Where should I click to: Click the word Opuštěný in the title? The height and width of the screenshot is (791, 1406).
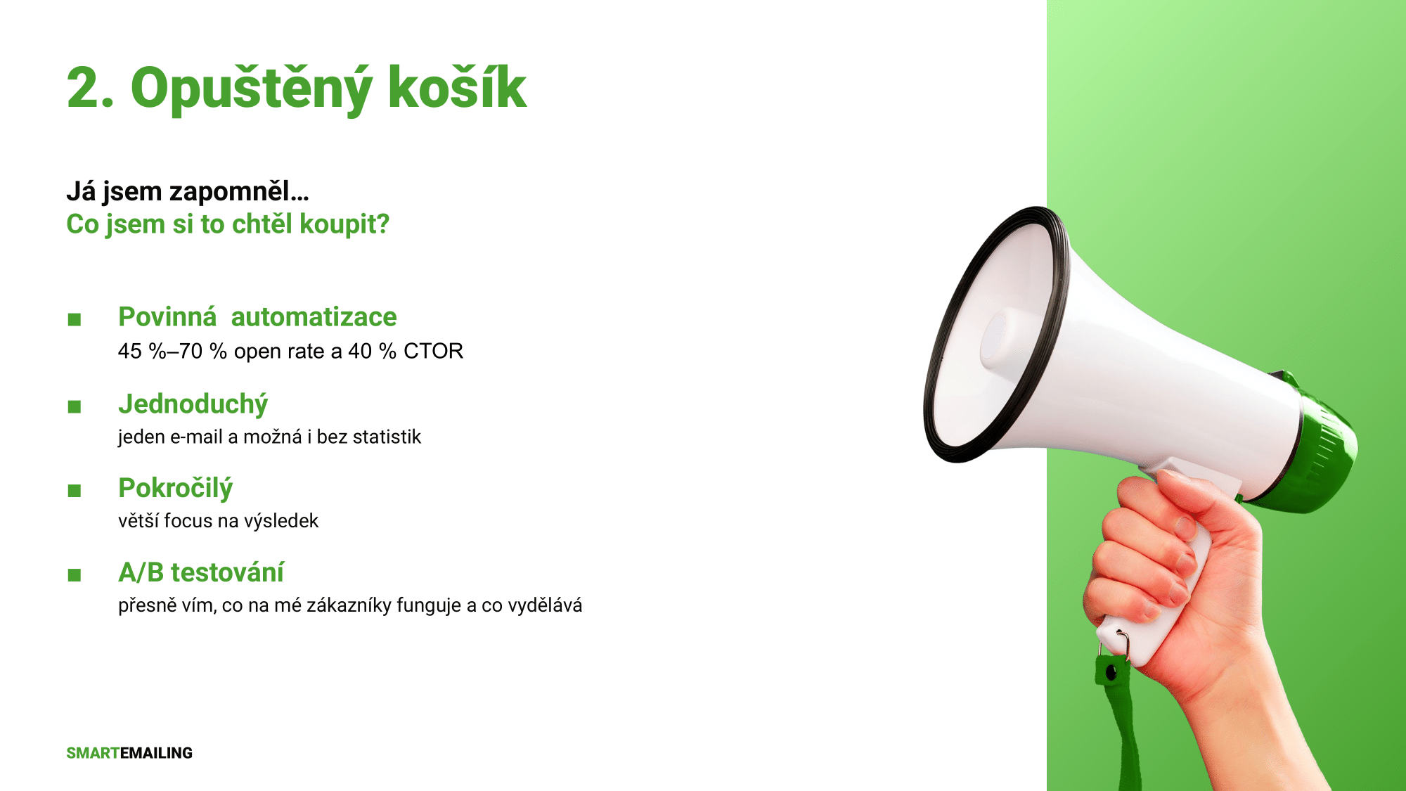click(251, 89)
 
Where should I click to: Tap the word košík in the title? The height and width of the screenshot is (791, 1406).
click(457, 87)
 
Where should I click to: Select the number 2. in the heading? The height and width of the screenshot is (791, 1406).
click(90, 88)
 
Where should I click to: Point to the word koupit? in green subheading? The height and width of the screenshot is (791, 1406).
click(344, 225)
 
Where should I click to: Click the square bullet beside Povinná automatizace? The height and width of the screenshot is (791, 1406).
click(75, 320)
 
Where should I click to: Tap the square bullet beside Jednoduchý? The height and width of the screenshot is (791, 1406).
click(75, 406)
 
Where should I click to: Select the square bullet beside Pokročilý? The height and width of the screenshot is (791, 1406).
click(75, 491)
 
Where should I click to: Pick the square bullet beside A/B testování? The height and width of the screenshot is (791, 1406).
click(75, 575)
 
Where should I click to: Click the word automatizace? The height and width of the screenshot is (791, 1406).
click(314, 317)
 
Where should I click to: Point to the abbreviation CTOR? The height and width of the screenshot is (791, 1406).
click(433, 351)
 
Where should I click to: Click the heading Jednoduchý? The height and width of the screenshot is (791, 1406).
click(193, 405)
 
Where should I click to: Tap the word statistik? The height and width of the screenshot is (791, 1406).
click(387, 437)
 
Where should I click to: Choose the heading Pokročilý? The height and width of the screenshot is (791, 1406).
click(175, 489)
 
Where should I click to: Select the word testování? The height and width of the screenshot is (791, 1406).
click(227, 572)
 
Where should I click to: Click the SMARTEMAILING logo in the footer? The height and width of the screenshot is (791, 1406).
click(129, 753)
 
